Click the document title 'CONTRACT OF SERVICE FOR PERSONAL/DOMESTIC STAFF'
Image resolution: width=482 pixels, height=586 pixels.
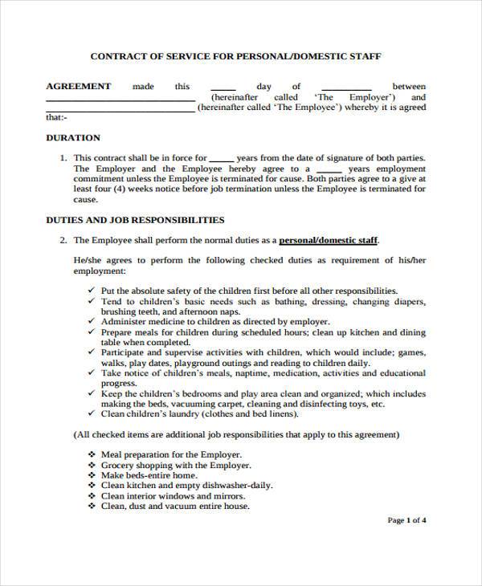(235, 57)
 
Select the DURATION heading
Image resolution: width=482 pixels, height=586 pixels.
(72, 137)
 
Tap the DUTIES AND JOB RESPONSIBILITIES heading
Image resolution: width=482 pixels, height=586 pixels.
(135, 219)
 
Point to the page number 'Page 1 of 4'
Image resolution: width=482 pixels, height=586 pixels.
(406, 520)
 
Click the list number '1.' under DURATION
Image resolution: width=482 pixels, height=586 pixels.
(63, 158)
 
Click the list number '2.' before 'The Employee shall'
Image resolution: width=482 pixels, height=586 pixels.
(63, 240)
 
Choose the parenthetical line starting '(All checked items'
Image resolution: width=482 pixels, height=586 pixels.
(236, 434)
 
